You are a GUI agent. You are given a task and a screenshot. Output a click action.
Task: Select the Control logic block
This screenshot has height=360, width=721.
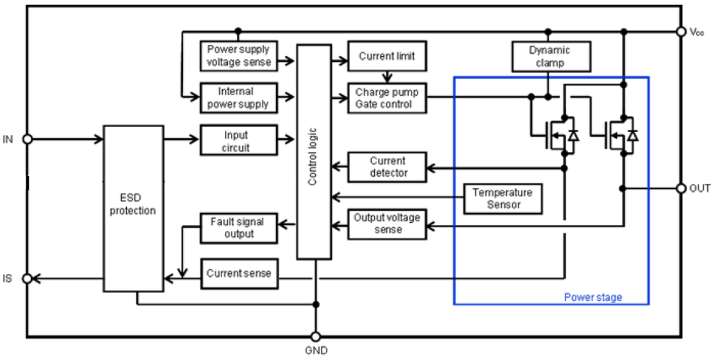tap(313, 152)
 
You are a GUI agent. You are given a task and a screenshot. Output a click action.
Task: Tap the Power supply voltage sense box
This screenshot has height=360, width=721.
tap(238, 56)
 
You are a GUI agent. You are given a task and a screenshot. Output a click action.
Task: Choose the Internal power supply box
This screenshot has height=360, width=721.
tap(238, 98)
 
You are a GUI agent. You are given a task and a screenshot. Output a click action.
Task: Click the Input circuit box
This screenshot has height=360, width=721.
tap(238, 140)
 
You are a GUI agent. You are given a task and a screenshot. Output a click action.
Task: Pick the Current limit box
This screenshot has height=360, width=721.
tap(387, 56)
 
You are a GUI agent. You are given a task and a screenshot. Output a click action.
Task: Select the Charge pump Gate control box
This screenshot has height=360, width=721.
tap(387, 98)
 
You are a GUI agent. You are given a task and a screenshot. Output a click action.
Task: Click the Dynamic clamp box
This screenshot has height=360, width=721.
tap(549, 56)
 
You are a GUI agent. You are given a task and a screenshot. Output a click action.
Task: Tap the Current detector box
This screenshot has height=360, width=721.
tap(387, 167)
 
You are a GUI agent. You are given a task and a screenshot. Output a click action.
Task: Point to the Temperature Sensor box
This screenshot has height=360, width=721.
tap(502, 199)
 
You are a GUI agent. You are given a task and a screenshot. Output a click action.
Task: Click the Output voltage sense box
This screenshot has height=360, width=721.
tap(387, 223)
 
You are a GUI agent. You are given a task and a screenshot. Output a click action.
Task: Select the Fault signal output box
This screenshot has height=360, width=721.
tap(238, 227)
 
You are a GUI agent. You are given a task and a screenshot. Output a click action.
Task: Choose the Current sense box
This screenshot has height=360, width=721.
tap(238, 273)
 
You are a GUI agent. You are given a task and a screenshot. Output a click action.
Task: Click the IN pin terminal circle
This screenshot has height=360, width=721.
tap(26, 139)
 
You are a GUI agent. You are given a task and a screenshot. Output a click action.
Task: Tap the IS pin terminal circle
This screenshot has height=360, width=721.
tap(26, 278)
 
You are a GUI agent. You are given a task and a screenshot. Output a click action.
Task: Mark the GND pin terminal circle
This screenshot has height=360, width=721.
tap(315, 337)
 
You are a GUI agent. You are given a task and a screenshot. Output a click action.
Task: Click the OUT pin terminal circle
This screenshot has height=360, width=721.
tap(681, 188)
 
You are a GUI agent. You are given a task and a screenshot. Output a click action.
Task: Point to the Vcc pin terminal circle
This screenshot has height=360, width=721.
tap(681, 31)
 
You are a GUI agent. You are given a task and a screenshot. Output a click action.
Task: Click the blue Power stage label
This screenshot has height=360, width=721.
tap(592, 297)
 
